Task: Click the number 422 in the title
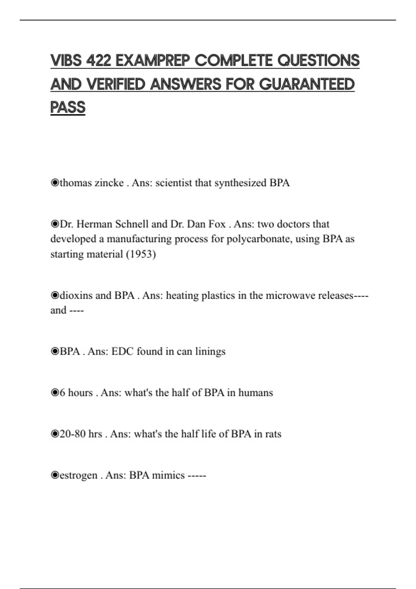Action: coord(98,61)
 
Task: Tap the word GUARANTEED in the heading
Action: coord(307,84)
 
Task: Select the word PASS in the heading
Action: coord(68,107)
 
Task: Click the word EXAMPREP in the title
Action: coord(153,61)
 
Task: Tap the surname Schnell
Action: coord(132,224)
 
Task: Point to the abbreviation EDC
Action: coord(122,351)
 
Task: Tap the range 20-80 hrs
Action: coord(81,434)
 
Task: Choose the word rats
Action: coord(273,434)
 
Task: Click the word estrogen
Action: coord(78,475)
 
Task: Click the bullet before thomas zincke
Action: coord(54,183)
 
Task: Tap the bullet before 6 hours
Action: coord(54,393)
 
